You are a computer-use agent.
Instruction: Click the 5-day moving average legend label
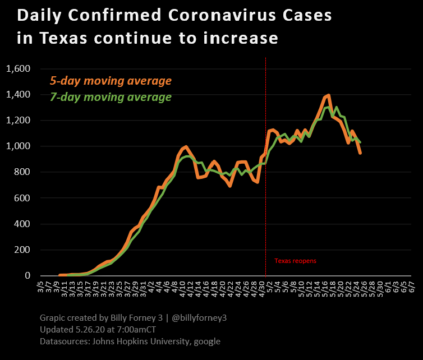tap(111, 81)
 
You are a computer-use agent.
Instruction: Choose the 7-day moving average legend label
tap(111, 97)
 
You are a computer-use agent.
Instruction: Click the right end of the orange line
tap(360, 153)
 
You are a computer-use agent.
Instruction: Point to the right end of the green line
tap(360, 142)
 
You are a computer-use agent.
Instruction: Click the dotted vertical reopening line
tap(265, 168)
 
